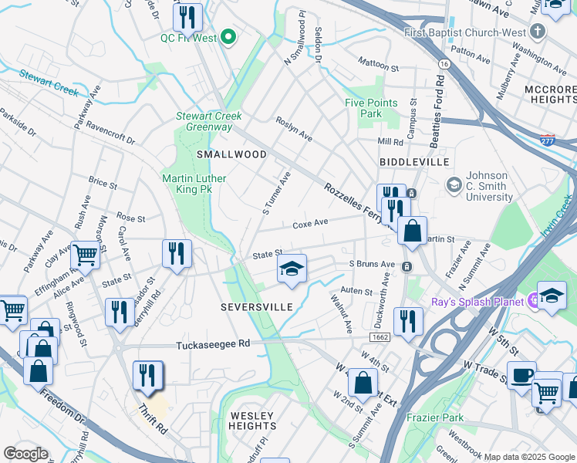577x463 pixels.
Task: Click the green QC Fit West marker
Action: click(228, 37)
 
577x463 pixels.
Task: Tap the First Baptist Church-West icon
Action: click(538, 32)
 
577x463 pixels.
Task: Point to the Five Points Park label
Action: click(371, 108)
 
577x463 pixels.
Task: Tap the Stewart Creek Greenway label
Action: click(208, 121)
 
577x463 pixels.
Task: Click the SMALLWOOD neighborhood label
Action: click(231, 154)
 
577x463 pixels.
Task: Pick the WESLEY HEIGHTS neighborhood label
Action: click(252, 421)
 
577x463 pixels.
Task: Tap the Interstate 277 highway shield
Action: click(546, 140)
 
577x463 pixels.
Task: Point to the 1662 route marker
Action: click(379, 337)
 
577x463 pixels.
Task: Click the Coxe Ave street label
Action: click(310, 225)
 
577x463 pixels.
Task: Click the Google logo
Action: click(25, 454)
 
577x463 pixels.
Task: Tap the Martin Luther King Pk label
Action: click(194, 184)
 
